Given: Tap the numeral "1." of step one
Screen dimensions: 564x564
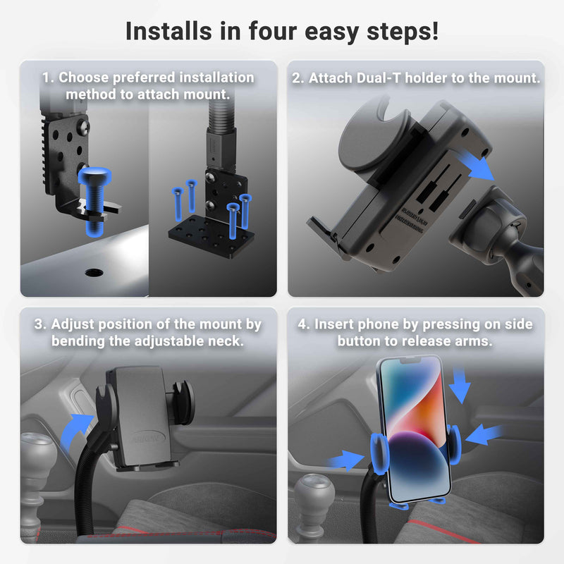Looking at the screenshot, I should click(x=48, y=78).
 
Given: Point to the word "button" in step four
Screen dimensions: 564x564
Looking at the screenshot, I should click(x=361, y=341).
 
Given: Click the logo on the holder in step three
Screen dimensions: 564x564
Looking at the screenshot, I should click(x=145, y=438).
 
